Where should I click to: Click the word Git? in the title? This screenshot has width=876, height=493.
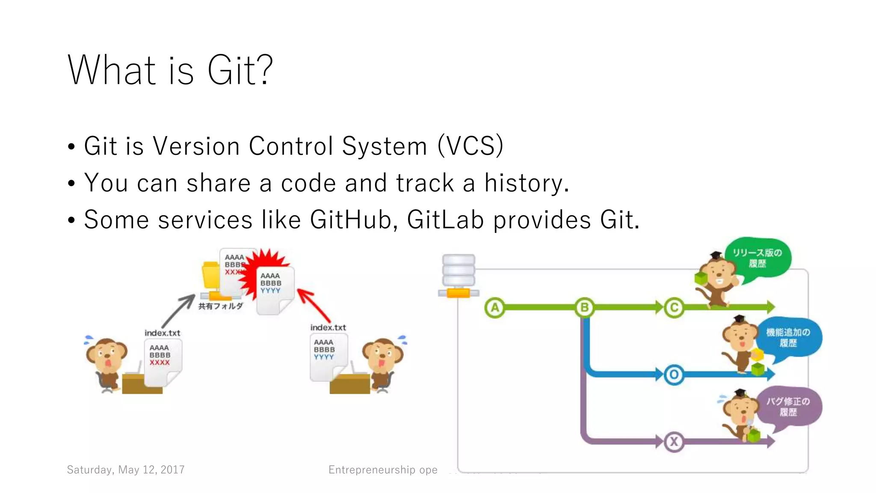(240, 71)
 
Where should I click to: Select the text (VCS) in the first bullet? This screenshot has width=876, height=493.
(471, 146)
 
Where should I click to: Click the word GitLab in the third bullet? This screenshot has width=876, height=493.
(445, 220)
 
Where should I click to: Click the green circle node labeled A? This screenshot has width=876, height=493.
(495, 308)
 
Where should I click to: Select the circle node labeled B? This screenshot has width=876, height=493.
(584, 308)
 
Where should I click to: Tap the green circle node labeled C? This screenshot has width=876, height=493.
(674, 308)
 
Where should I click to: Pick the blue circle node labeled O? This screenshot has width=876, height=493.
(674, 375)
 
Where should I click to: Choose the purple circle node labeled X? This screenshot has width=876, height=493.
(674, 442)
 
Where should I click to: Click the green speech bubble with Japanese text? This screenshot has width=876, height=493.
(758, 258)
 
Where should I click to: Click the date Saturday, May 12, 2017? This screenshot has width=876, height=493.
(126, 470)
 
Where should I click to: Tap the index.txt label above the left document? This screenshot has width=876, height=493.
(162, 333)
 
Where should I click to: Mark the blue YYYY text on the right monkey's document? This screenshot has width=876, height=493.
(324, 357)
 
